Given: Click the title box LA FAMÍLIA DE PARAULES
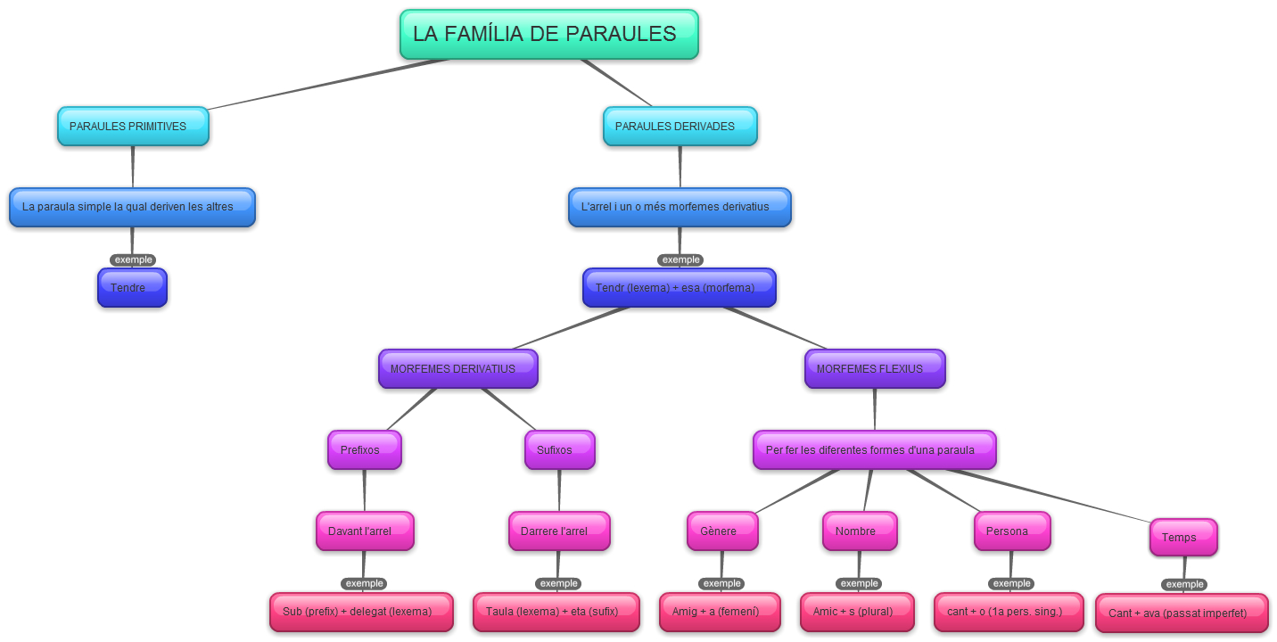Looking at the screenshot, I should pyautogui.click(x=548, y=35).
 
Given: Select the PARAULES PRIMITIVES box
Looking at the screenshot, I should pyautogui.click(x=133, y=127).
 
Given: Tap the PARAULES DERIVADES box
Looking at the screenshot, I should pyautogui.click(x=680, y=127).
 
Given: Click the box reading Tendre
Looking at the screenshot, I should pyautogui.click(x=132, y=288).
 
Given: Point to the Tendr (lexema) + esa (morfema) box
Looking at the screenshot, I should pyautogui.click(x=680, y=288).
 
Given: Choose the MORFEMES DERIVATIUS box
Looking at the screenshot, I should pyautogui.click(x=457, y=369).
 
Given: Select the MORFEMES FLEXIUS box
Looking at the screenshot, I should pyautogui.click(x=874, y=369).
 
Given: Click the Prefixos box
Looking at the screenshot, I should pyautogui.click(x=364, y=450).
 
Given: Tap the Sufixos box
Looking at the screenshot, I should pyautogui.click(x=559, y=450).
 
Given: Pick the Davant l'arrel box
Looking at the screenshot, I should pyautogui.click(x=365, y=531).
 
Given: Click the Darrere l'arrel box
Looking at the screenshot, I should pyautogui.click(x=559, y=531).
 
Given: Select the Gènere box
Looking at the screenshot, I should pyautogui.click(x=722, y=531).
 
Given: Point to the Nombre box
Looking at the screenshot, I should pyautogui.click(x=860, y=531).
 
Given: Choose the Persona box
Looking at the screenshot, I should pyautogui.click(x=1011, y=531).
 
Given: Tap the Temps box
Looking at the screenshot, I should pyautogui.click(x=1183, y=538).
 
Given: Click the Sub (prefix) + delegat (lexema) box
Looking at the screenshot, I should pyautogui.click(x=361, y=613).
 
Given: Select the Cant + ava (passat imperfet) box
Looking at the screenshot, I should pyautogui.click(x=1182, y=613).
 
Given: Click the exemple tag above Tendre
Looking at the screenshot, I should pyautogui.click(x=133, y=260).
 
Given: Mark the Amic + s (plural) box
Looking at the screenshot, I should pyautogui.click(x=857, y=613).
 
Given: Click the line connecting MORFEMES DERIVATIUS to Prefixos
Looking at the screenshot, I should pyautogui.click(x=412, y=409).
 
